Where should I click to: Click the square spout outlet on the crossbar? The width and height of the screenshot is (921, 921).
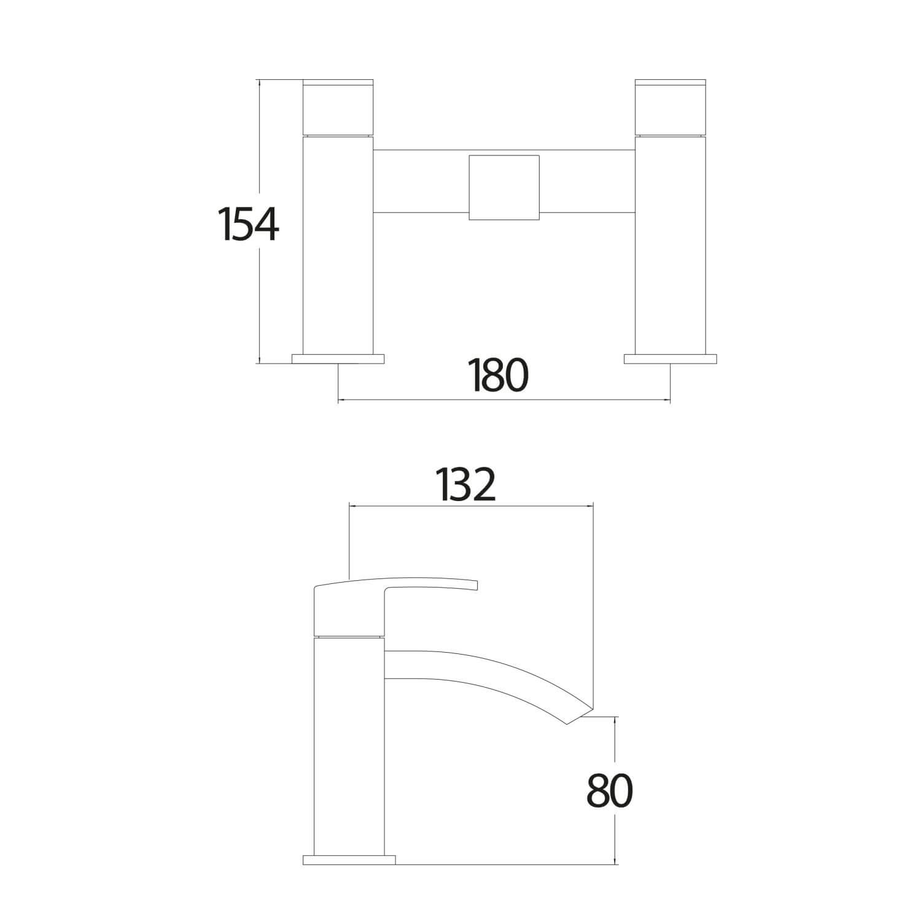(503, 187)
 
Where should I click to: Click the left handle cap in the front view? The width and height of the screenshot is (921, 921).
(339, 107)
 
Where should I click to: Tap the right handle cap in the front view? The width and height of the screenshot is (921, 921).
(670, 107)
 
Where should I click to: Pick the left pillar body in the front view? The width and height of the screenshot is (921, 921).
(339, 246)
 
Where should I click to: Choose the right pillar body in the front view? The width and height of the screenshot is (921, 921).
(670, 246)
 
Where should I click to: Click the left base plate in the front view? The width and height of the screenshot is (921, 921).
(338, 359)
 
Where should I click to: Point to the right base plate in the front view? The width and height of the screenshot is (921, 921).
(670, 359)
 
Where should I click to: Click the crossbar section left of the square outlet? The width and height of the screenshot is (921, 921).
(421, 181)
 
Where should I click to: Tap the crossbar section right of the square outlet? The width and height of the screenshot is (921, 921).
(586, 181)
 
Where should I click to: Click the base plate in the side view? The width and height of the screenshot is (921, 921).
(349, 860)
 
